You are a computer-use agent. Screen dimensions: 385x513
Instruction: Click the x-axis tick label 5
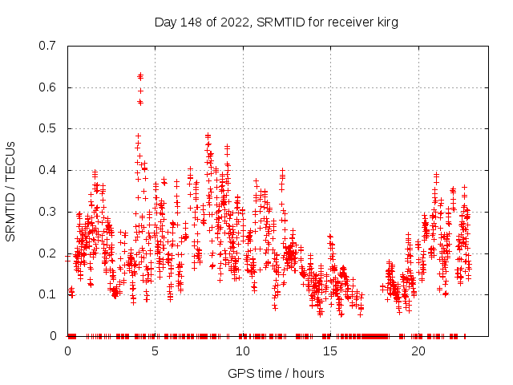click(155, 351)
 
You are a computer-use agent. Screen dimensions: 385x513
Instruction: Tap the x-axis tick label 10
click(243, 351)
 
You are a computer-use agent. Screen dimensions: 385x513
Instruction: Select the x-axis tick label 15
click(330, 351)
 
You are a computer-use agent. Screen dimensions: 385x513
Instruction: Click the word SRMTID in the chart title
click(275, 22)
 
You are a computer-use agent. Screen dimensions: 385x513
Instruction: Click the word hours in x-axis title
click(308, 373)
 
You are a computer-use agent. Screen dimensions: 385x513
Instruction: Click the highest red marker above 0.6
click(140, 75)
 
